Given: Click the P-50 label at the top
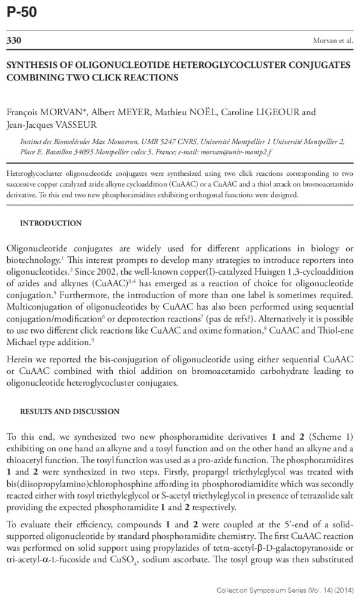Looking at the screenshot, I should [x=22, y=12].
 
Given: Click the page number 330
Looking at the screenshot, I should [x=14, y=41].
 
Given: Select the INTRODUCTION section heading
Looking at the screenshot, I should [x=51, y=223].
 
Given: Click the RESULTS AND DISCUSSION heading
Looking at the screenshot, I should [x=70, y=412].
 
